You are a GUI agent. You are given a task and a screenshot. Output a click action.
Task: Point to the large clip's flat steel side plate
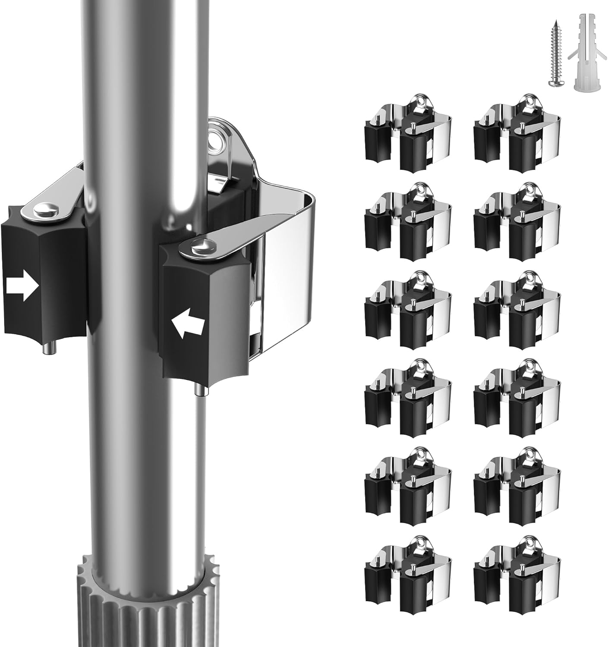point(287,280)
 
